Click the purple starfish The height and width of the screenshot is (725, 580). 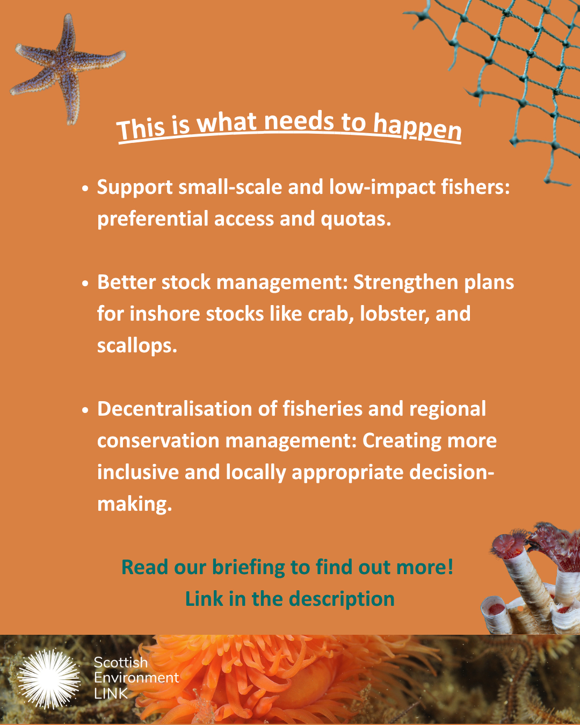(x=64, y=64)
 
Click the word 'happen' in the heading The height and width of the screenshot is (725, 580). (x=417, y=128)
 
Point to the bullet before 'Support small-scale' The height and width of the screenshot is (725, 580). (x=85, y=188)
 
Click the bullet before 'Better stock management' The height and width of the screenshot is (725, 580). (x=85, y=284)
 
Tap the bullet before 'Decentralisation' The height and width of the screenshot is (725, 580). (x=85, y=410)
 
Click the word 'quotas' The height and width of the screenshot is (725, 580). (x=356, y=219)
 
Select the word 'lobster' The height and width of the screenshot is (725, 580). (x=394, y=314)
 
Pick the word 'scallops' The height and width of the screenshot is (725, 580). (x=137, y=346)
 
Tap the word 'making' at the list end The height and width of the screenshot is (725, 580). (x=134, y=504)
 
